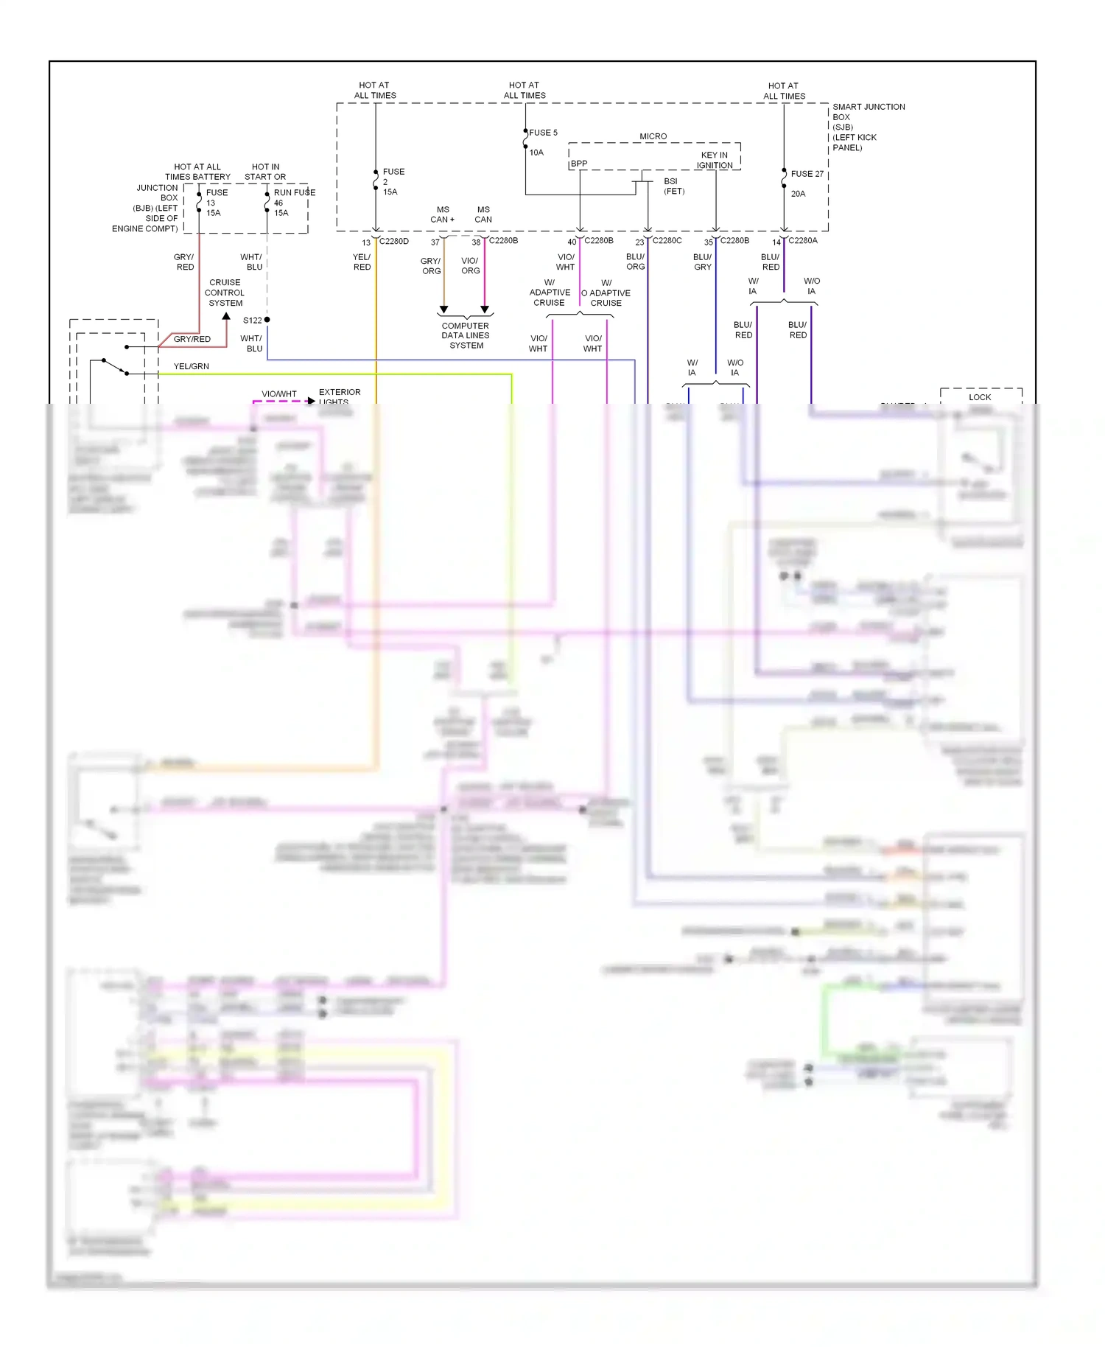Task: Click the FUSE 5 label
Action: pyautogui.click(x=543, y=133)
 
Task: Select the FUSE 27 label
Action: pyautogui.click(x=807, y=174)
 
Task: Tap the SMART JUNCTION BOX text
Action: pyautogui.click(x=868, y=127)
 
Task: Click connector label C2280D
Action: pyautogui.click(x=393, y=241)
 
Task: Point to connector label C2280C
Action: pyautogui.click(x=667, y=240)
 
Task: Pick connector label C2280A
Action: pyautogui.click(x=802, y=240)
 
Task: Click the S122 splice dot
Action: pyautogui.click(x=267, y=320)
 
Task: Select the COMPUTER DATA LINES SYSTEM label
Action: pyautogui.click(x=466, y=335)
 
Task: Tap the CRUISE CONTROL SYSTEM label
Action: pyautogui.click(x=225, y=293)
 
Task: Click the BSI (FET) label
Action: pyautogui.click(x=673, y=186)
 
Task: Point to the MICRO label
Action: pyautogui.click(x=653, y=136)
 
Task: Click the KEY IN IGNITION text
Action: pyautogui.click(x=714, y=160)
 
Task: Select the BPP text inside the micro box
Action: pyautogui.click(x=579, y=164)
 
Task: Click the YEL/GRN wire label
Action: pyautogui.click(x=191, y=366)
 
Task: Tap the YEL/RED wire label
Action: pyautogui.click(x=362, y=262)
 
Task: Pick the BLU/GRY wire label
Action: pyautogui.click(x=702, y=262)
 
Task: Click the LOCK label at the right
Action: pyautogui.click(x=979, y=397)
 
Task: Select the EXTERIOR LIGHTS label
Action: pyautogui.click(x=339, y=396)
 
